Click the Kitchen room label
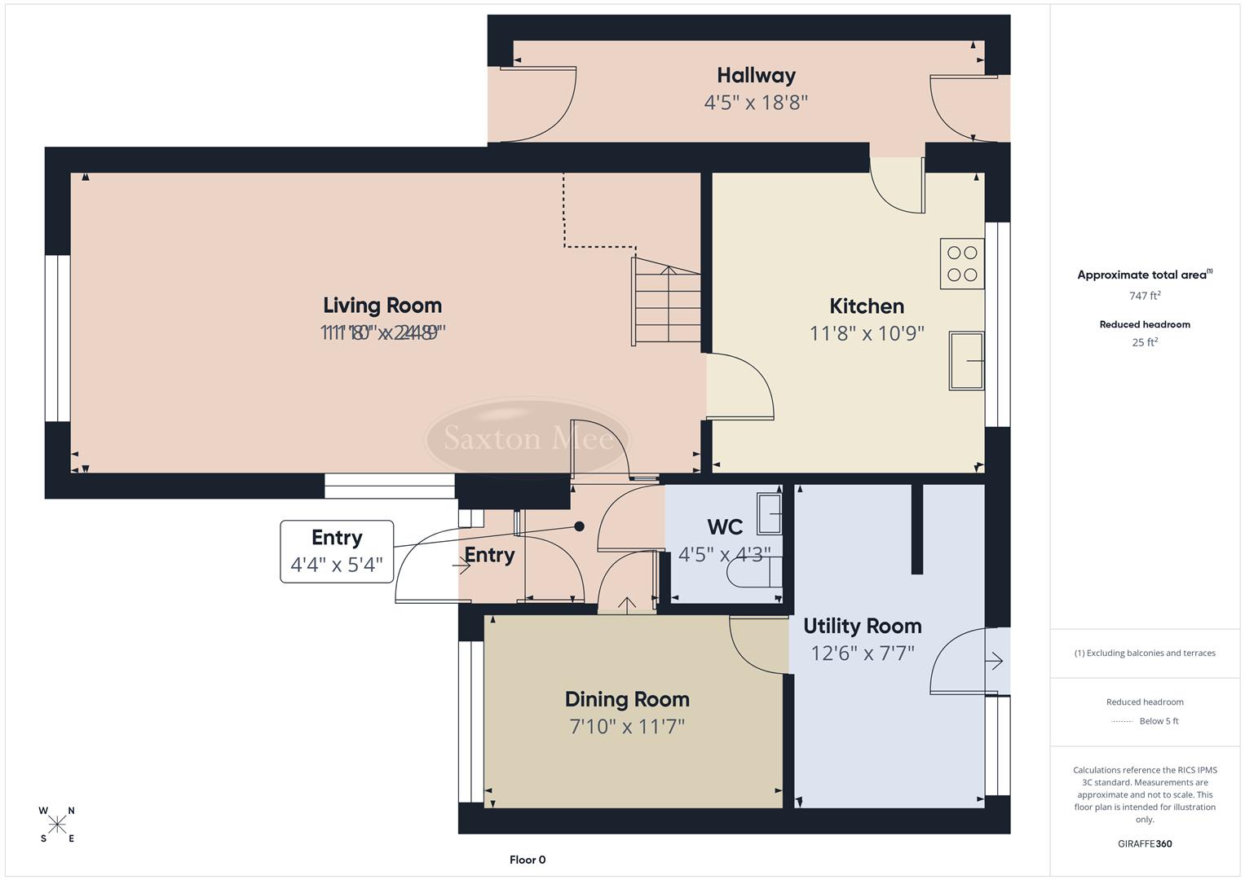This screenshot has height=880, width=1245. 866,306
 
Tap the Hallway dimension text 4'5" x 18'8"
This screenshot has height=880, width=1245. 756,103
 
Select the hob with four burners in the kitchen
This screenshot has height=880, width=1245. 962,263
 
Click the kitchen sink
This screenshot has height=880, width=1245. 966,361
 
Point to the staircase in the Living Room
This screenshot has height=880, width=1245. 666,301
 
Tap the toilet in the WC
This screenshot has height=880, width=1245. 754,572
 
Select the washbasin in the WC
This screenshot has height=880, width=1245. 769,513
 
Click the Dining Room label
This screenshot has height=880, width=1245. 627,699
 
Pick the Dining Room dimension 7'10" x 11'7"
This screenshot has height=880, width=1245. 627,726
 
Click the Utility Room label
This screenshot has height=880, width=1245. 862,626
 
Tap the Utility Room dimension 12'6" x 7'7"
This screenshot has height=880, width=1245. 862,653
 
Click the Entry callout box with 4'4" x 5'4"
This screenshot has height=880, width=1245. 337,552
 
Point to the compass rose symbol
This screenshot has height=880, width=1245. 57,825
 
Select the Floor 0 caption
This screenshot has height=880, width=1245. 528,860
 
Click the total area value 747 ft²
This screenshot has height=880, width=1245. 1145,296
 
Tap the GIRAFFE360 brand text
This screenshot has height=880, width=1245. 1145,844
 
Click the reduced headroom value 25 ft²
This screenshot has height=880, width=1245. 1145,342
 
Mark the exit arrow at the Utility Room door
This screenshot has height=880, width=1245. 994,661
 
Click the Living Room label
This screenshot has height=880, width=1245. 382,306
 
